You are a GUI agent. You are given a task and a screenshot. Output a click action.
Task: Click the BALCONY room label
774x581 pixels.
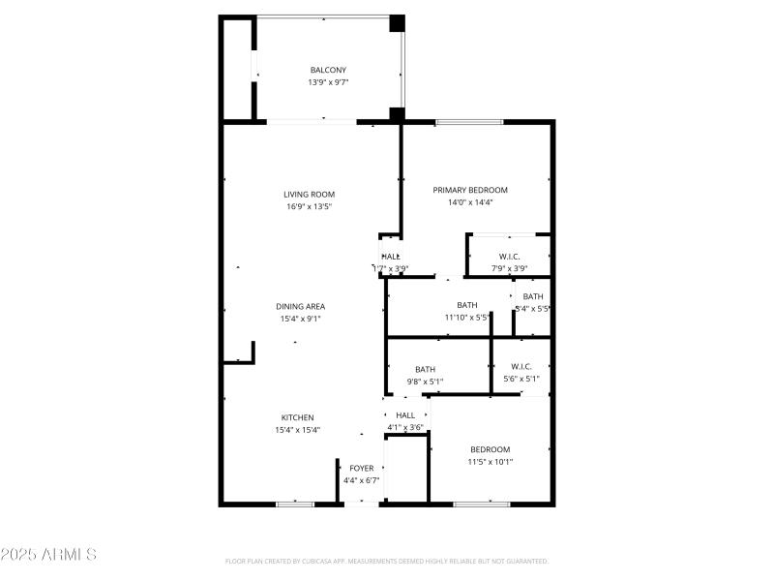point(328,70)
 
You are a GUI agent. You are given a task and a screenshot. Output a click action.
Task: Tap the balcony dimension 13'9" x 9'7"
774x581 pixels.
point(328,82)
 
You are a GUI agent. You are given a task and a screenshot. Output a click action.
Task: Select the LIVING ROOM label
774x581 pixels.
point(309,194)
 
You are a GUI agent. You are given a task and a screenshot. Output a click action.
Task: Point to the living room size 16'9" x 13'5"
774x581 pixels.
point(309,206)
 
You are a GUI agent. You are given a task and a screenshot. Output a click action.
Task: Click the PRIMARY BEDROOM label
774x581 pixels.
point(470,190)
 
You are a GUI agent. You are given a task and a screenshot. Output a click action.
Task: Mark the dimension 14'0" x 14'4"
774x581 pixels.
point(470,202)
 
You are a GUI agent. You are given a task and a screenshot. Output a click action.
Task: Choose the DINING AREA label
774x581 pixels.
point(301,306)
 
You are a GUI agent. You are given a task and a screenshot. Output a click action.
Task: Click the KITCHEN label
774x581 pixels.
point(298,417)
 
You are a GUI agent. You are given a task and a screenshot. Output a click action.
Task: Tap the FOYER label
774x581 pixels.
point(362,468)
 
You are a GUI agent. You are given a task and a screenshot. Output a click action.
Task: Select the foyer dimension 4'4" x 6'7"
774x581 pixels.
point(362,480)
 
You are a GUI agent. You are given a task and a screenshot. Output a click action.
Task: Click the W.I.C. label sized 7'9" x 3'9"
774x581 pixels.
point(509,257)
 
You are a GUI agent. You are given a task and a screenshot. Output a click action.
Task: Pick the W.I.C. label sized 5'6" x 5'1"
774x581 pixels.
point(521,366)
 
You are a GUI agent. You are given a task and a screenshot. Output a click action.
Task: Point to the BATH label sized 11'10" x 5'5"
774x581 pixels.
point(467,305)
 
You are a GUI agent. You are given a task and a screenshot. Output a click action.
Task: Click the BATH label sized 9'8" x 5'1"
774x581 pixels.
point(425,369)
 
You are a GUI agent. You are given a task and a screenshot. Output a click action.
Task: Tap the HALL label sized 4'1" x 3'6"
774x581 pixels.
point(405,415)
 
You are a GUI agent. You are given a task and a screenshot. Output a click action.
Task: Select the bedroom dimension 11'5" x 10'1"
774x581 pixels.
point(491,462)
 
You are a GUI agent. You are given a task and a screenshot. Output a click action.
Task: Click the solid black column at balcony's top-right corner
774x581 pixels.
point(396,23)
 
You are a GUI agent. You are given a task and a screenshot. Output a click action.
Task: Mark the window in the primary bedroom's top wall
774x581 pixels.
point(469,122)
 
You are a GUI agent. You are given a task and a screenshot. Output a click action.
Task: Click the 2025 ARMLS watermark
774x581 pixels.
point(48,555)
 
